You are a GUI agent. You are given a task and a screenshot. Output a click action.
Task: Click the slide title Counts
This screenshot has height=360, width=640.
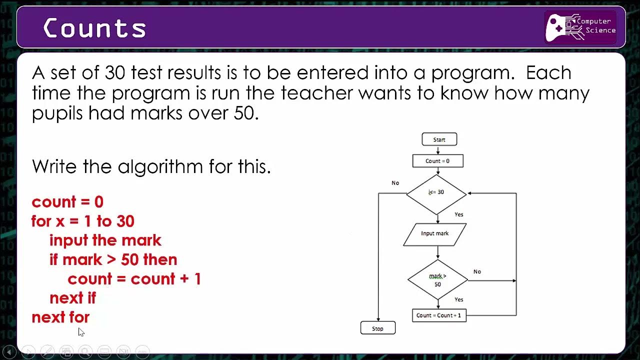pyautogui.click(x=94, y=28)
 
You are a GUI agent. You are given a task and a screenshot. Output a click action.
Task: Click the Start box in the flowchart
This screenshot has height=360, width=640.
pyautogui.click(x=439, y=139)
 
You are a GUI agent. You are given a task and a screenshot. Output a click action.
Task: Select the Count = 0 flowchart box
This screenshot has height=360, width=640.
pyautogui.click(x=437, y=161)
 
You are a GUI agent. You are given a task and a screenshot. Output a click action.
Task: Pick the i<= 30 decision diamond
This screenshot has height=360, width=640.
pyautogui.click(x=436, y=192)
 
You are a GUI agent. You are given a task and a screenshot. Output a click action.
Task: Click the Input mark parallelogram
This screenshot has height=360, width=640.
pyautogui.click(x=434, y=233)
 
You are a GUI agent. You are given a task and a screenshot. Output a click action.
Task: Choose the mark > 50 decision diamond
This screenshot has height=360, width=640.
pyautogui.click(x=437, y=280)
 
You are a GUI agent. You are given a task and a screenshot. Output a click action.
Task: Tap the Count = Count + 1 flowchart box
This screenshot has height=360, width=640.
pyautogui.click(x=439, y=315)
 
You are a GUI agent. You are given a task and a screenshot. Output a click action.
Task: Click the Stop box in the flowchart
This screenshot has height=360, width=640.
pyautogui.click(x=377, y=328)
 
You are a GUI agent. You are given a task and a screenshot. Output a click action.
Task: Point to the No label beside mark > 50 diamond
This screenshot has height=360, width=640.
pyautogui.click(x=477, y=271)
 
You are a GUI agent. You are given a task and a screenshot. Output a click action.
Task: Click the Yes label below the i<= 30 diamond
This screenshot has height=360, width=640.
pyautogui.click(x=458, y=214)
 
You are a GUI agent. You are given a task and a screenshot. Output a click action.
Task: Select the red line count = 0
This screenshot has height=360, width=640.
pyautogui.click(x=67, y=202)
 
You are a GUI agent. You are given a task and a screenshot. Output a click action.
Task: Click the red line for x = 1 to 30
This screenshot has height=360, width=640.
pyautogui.click(x=83, y=221)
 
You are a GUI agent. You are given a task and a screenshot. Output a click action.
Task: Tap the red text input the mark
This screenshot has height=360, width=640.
pyautogui.click(x=105, y=240)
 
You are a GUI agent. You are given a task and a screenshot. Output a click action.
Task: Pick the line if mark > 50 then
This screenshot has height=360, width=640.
pyautogui.click(x=113, y=259)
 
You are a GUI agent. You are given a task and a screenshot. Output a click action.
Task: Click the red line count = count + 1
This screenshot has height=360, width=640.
pyautogui.click(x=134, y=279)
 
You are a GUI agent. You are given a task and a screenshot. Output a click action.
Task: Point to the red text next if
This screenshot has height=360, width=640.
pyautogui.click(x=72, y=298)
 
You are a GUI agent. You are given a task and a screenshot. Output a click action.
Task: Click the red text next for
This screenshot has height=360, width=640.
pyautogui.click(x=60, y=317)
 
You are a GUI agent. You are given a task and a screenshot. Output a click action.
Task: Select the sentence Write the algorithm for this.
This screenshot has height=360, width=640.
pyautogui.click(x=151, y=166)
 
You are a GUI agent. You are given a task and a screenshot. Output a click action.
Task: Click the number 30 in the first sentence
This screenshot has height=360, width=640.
pyautogui.click(x=115, y=73)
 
